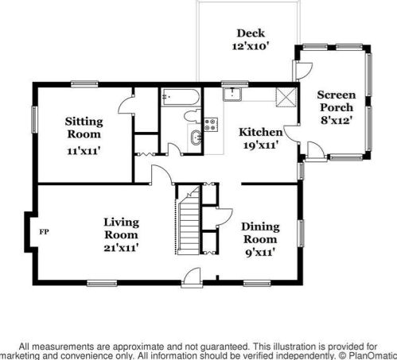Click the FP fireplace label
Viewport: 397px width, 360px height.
pyautogui.click(x=44, y=232)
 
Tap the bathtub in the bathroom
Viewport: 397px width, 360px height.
pyautogui.click(x=181, y=97)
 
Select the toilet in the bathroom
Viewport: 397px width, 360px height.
pyautogui.click(x=193, y=116)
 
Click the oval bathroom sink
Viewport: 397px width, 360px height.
pyautogui.click(x=196, y=137)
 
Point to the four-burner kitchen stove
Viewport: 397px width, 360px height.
pyautogui.click(x=211, y=125)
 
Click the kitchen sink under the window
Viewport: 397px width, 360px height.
pyautogui.click(x=232, y=94)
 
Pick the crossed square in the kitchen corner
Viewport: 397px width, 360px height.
pyautogui.click(x=286, y=97)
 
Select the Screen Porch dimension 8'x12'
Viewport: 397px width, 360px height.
pyautogui.click(x=337, y=120)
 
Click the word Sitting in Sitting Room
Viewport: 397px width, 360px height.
pyautogui.click(x=84, y=122)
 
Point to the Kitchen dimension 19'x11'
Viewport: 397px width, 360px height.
pyautogui.click(x=261, y=145)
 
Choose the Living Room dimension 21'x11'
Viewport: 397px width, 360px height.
pyautogui.click(x=121, y=247)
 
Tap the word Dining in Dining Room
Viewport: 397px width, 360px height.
pyautogui.click(x=260, y=226)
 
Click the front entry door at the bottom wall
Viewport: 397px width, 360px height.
pyautogui.click(x=192, y=278)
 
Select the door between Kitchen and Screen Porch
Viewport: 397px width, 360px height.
pyautogui.click(x=291, y=134)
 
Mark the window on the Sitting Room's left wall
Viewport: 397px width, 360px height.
pyautogui.click(x=35, y=119)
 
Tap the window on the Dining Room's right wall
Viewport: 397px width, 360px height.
pyautogui.click(x=302, y=234)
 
